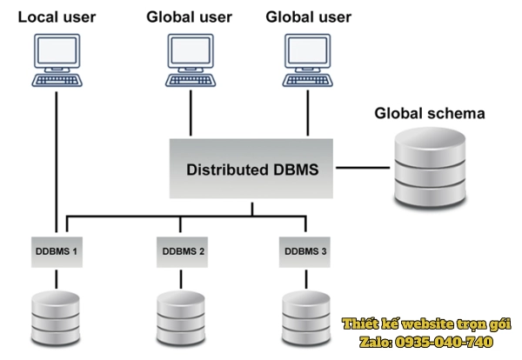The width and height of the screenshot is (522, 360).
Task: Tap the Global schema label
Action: pyautogui.click(x=429, y=114)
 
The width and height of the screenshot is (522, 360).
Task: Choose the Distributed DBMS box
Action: pyautogui.click(x=252, y=166)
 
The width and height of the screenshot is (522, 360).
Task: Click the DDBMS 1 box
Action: pyautogui.click(x=57, y=251)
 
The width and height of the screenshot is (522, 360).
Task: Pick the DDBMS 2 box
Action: pyautogui.click(x=183, y=251)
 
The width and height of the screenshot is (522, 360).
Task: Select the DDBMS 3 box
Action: pyautogui.click(x=306, y=251)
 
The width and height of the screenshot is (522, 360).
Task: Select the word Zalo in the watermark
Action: pyautogui.click(x=375, y=342)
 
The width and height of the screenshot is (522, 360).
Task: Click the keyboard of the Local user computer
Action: pyautogui.click(x=57, y=80)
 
